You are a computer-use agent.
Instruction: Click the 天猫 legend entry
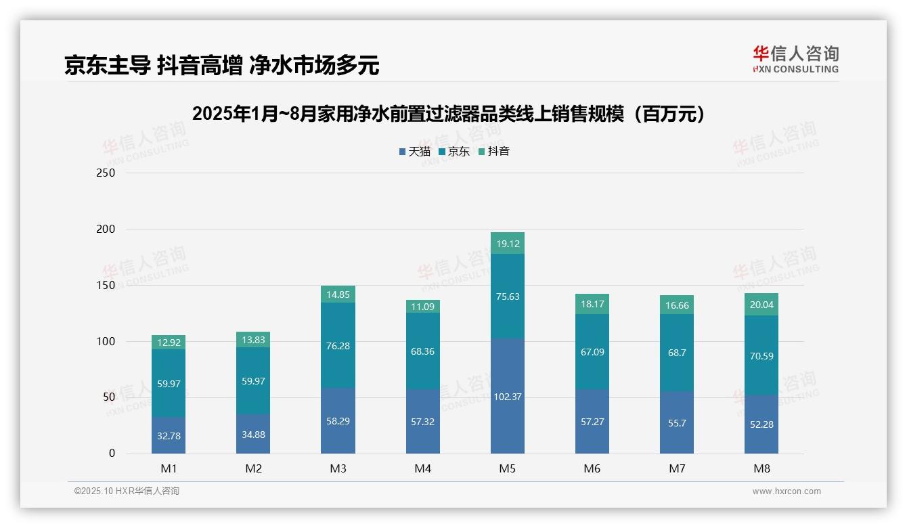pyautogui.click(x=415, y=152)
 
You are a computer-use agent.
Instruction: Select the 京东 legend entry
pyautogui.click(x=454, y=152)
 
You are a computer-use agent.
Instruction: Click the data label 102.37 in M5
pyautogui.click(x=507, y=397)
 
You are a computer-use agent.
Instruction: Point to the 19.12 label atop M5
pyautogui.click(x=507, y=244)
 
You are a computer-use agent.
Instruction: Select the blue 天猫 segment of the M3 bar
pyautogui.click(x=338, y=421)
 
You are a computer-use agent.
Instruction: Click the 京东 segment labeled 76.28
pyautogui.click(x=338, y=346)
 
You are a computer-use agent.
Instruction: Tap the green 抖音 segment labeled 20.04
pyautogui.click(x=761, y=305)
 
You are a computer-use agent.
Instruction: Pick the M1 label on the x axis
pyautogui.click(x=169, y=469)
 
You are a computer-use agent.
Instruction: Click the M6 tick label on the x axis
pyautogui.click(x=592, y=469)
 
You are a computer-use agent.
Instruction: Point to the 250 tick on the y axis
pyautogui.click(x=106, y=173)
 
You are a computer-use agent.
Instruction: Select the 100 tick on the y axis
pyautogui.click(x=106, y=341)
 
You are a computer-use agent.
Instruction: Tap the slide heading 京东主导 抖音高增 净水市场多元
pyautogui.click(x=221, y=66)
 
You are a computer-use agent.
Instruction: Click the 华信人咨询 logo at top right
pyautogui.click(x=795, y=60)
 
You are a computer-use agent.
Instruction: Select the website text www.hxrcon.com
pyautogui.click(x=787, y=491)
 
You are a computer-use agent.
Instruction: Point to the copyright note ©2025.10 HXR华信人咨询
pyautogui.click(x=127, y=491)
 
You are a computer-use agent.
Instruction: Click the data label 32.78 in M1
pyautogui.click(x=169, y=436)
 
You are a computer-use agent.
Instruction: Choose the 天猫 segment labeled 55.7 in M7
pyautogui.click(x=677, y=422)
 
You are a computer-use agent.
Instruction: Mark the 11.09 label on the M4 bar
pyautogui.click(x=422, y=307)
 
